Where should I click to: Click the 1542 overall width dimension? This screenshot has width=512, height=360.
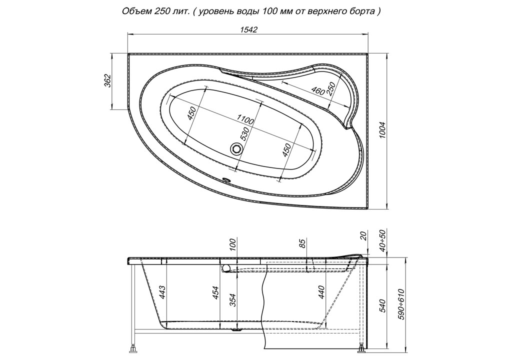249,29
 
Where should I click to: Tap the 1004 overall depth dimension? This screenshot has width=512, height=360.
382,130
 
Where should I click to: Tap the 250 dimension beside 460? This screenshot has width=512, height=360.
331,88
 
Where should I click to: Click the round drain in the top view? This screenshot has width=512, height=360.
236,149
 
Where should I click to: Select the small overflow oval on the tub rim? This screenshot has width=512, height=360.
226,179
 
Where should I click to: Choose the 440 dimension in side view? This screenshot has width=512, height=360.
321,292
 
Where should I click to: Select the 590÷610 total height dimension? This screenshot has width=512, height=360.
401,304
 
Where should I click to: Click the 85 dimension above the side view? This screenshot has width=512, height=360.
302,243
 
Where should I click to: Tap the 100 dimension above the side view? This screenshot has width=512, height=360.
232,243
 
